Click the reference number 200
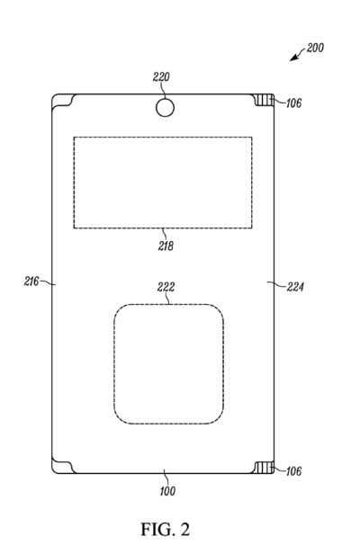point(315,48)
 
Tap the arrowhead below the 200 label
point(294,58)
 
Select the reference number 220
point(161,76)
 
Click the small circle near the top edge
point(165,107)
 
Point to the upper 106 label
point(293,103)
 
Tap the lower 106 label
point(293,471)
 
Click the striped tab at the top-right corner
point(265,100)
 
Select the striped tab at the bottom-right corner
point(265,467)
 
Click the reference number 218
point(166,246)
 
